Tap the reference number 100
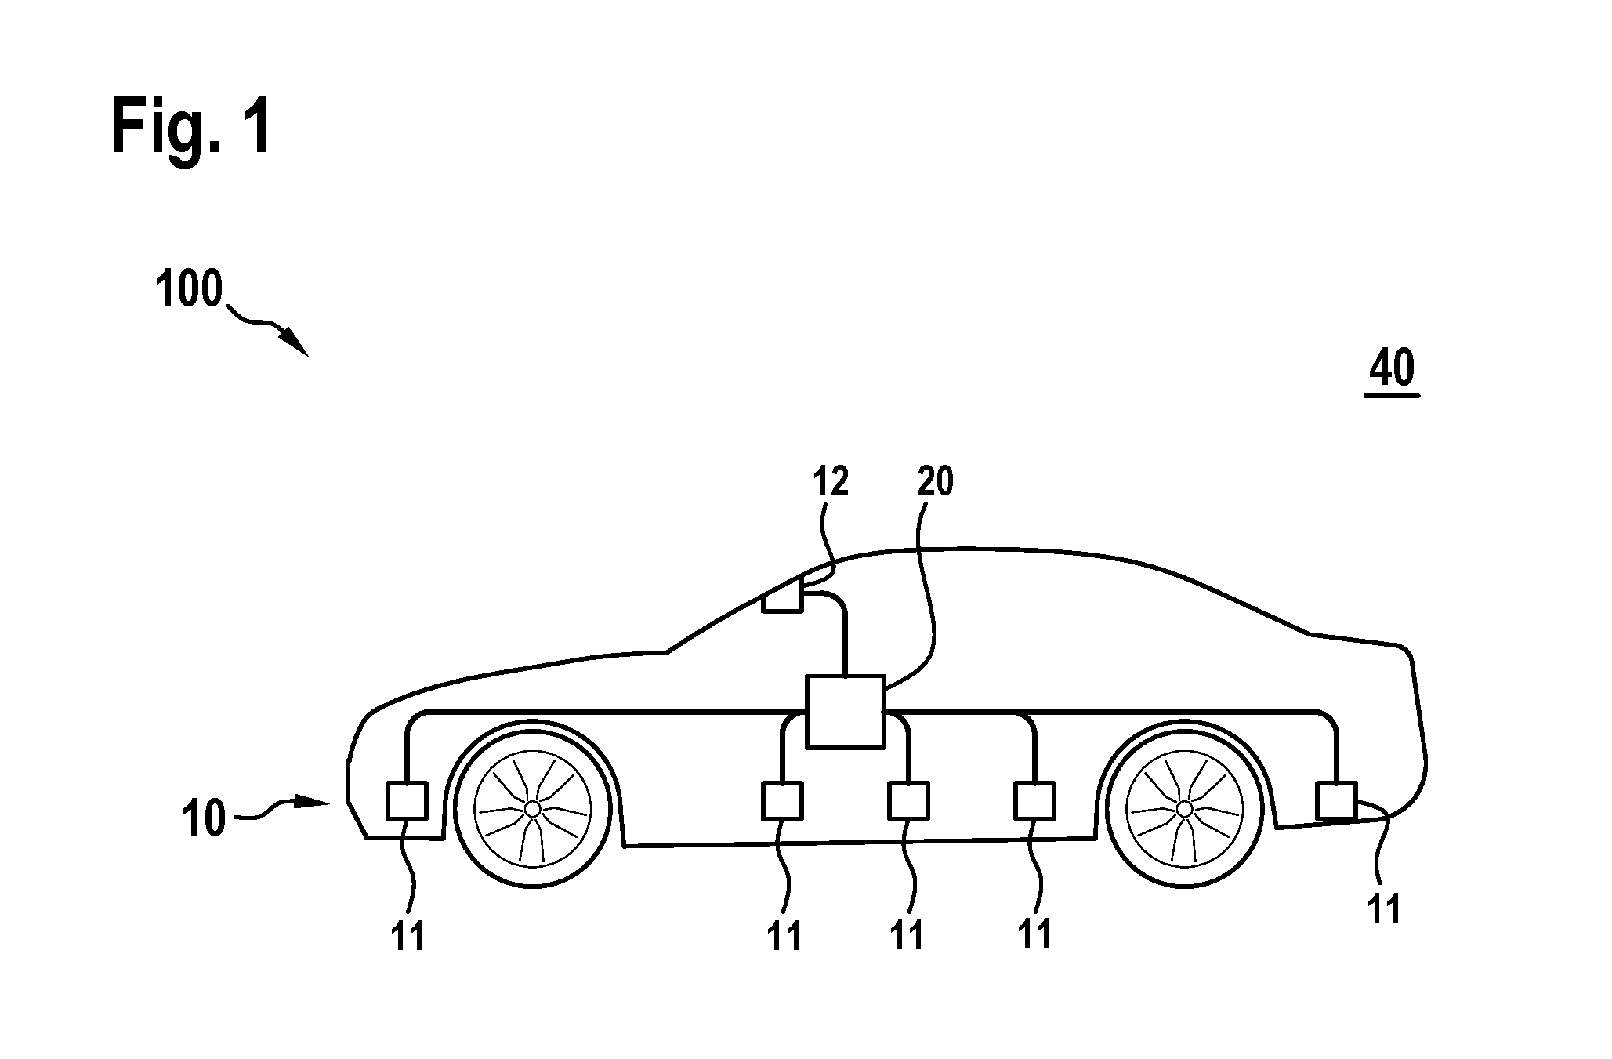189,289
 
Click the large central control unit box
846,713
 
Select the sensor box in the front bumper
408,800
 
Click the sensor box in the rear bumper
1336,800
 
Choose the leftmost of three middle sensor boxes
782,800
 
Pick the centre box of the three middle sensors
908,800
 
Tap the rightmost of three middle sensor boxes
1034,800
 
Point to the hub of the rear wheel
1184,808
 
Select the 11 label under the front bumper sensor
408,936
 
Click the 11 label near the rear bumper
1383,909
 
